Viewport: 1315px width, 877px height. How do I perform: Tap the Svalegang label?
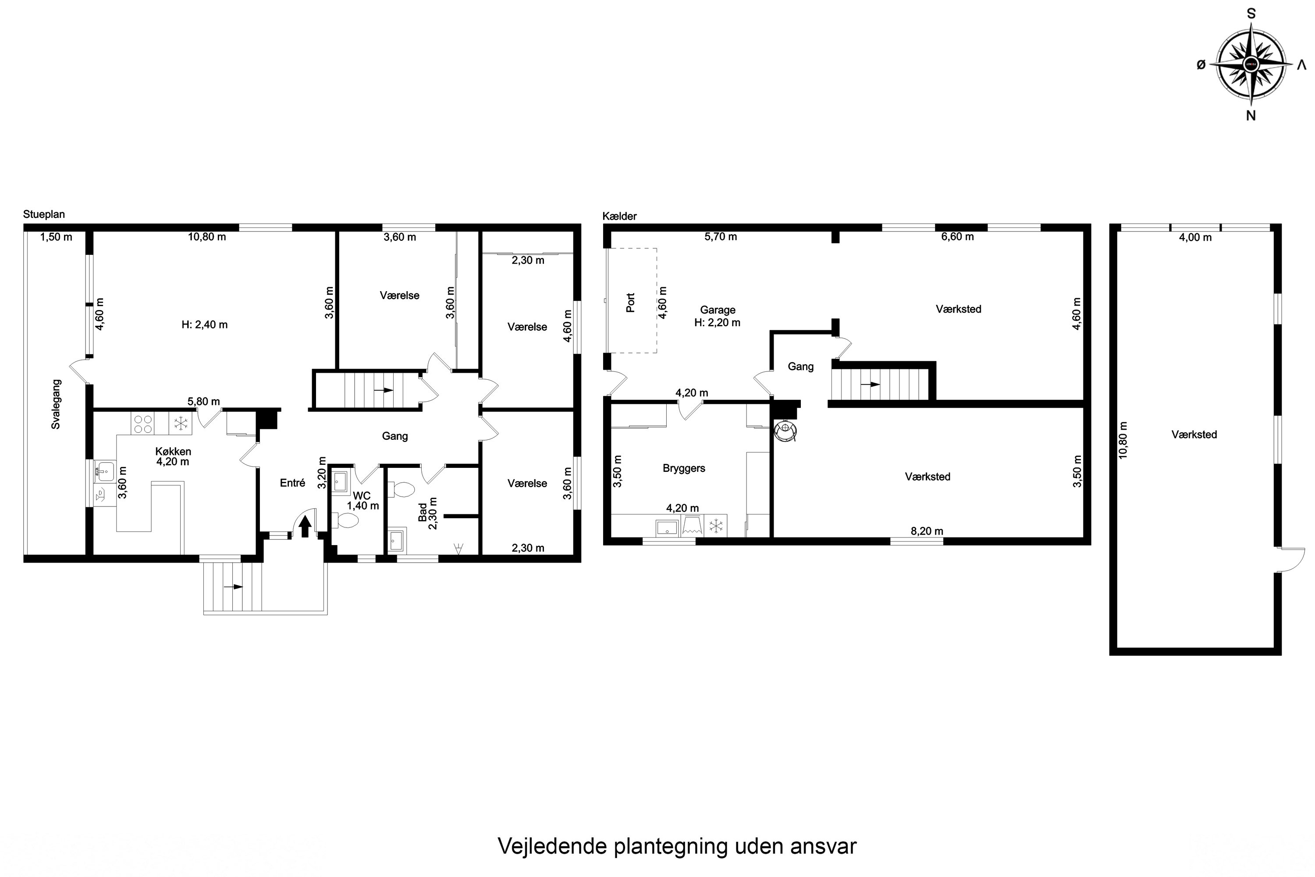click(56, 404)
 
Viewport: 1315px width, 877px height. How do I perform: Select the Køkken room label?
click(173, 451)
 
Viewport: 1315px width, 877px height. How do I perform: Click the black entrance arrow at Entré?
click(305, 526)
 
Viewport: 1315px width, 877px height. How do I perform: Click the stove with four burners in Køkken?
click(143, 424)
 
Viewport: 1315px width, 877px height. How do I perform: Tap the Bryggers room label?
click(684, 469)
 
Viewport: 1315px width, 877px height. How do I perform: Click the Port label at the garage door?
click(631, 303)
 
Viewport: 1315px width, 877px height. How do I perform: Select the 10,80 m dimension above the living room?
click(207, 237)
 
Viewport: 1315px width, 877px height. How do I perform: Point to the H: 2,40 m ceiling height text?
click(205, 324)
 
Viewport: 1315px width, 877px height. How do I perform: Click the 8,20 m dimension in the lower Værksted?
click(927, 531)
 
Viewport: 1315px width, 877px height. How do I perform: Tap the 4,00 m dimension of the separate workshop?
click(1195, 237)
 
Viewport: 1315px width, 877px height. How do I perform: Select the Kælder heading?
click(619, 216)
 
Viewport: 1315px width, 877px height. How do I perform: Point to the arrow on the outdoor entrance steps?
click(233, 587)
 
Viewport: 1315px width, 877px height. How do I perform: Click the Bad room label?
click(423, 512)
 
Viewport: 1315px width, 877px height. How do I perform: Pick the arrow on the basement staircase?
click(871, 384)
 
